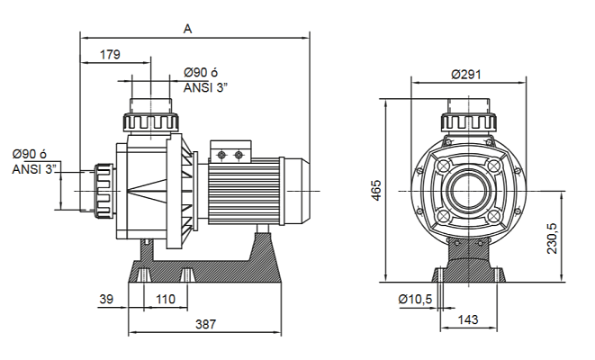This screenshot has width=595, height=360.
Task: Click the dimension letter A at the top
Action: click(187, 28)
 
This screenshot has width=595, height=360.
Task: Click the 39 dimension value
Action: click(107, 298)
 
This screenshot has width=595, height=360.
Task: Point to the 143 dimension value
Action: click(466, 319)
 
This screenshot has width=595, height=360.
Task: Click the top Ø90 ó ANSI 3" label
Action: click(206, 80)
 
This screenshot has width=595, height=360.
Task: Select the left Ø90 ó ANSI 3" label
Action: click(35, 160)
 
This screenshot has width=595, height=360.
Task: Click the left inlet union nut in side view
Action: click(104, 190)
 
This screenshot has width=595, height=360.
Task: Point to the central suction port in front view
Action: click(466, 192)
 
